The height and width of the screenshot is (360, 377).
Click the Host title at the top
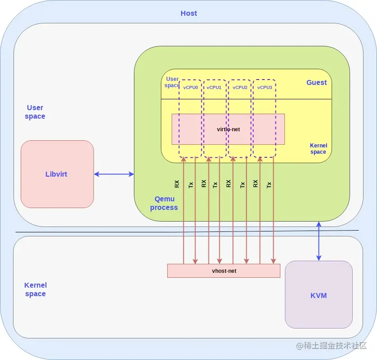(189, 13)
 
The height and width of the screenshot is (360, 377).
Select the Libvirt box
(57, 174)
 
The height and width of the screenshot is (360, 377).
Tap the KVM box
(319, 295)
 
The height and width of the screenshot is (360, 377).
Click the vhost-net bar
(224, 271)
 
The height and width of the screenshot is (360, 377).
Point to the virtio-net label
(228, 129)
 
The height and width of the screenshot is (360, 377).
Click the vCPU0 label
(191, 87)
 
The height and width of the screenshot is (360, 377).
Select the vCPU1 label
(214, 87)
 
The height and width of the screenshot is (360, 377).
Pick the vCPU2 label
(240, 87)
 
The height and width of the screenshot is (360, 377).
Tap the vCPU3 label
(265, 87)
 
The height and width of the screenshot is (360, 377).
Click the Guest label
(316, 83)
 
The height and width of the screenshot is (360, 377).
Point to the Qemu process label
(164, 203)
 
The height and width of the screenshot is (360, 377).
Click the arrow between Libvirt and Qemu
(114, 174)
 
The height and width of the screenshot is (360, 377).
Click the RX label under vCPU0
(177, 184)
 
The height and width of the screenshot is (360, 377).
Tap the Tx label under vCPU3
(269, 184)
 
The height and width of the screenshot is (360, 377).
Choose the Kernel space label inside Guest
(318, 149)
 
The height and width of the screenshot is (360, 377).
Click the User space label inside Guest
(172, 82)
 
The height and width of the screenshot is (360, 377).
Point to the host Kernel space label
(35, 289)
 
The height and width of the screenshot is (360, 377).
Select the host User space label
(35, 112)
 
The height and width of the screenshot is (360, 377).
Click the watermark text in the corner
(332, 346)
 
